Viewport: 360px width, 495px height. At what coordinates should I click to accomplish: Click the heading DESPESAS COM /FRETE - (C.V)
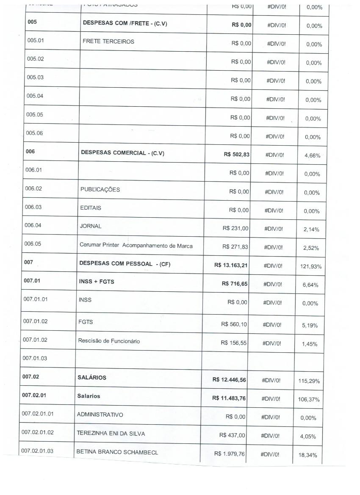coord(125,24)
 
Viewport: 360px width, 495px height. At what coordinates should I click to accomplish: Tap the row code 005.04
coord(35,96)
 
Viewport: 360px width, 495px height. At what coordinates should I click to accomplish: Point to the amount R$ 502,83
coord(237,155)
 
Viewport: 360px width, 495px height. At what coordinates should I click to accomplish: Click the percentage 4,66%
coord(313,155)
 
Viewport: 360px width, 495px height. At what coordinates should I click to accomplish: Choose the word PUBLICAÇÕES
coord(100,189)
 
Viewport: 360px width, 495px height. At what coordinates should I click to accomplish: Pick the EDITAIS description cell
coord(91,208)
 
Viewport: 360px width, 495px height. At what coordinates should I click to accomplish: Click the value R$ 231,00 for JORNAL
coord(235,228)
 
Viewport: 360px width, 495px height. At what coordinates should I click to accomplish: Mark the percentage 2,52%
coord(311,248)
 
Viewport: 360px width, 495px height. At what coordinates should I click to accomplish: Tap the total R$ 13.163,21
coord(231,265)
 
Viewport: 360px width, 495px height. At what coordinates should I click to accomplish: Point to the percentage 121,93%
coord(310,266)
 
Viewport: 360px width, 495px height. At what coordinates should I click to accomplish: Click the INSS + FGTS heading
coord(96,282)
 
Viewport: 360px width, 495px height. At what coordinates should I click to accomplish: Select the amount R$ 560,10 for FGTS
coord(234,324)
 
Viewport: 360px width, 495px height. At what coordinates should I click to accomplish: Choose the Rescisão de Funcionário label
coord(109,341)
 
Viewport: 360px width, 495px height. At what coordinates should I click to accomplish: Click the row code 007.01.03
coord(35,358)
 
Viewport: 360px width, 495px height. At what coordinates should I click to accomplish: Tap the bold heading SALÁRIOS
coord(92,377)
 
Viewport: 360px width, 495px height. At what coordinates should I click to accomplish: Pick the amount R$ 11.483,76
coord(229,398)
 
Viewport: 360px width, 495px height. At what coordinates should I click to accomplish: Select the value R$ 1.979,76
coord(230,454)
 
